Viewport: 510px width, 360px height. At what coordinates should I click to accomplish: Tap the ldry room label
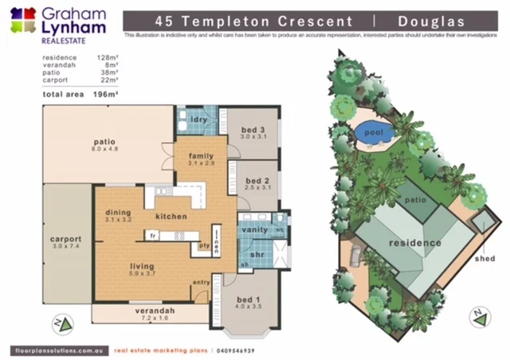[199, 121]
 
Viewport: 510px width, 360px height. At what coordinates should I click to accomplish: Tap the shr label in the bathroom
[257, 255]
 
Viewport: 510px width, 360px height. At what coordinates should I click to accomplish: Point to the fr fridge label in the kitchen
[151, 235]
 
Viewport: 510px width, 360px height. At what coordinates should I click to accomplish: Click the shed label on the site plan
[484, 258]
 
